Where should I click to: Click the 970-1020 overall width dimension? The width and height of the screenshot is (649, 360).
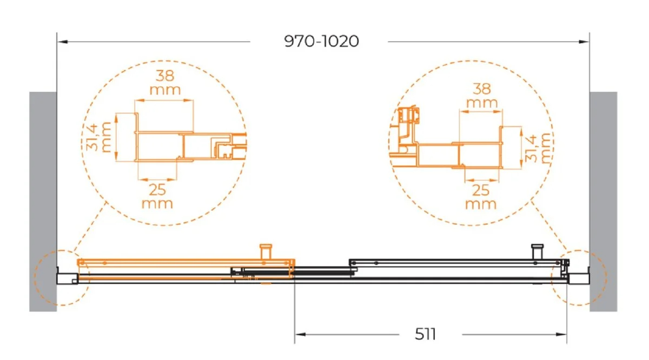[x=321, y=41]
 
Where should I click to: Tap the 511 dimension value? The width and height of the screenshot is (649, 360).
[x=425, y=334]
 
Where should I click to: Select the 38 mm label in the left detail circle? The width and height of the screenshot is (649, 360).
[x=165, y=83]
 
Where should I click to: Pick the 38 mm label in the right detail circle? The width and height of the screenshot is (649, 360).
[x=482, y=96]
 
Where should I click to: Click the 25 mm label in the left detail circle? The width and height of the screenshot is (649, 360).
[x=157, y=196]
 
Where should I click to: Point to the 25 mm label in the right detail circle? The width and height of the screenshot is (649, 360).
[x=481, y=197]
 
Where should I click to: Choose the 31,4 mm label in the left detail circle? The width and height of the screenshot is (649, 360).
[x=98, y=137]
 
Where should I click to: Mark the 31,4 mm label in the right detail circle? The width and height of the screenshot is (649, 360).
[x=538, y=148]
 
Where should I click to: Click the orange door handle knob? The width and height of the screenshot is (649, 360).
[x=266, y=251]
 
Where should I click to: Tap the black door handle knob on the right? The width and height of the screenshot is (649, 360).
[x=537, y=251]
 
